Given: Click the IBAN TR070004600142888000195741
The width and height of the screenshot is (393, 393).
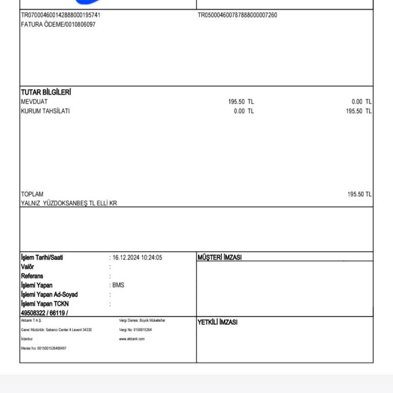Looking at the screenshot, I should [60, 15].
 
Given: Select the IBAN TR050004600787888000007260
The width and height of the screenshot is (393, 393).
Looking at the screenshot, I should [237, 15].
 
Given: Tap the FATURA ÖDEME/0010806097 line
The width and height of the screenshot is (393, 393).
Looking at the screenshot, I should [58, 25].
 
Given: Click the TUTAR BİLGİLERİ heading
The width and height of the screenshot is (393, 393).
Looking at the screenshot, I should [46, 92].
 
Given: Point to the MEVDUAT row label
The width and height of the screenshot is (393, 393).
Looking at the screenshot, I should [34, 102].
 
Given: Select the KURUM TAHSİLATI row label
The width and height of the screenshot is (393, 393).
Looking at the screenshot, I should [45, 111].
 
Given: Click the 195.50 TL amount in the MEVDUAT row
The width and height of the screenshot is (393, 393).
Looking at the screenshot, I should [241, 102].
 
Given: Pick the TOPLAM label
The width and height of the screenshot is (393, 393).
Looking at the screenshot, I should [32, 194].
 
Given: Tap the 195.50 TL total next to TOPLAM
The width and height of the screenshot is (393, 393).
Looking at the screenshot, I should [359, 194].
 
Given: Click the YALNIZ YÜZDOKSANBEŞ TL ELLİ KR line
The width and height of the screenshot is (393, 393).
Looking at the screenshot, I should [69, 204].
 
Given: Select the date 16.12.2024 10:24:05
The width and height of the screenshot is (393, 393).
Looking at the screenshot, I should [137, 258].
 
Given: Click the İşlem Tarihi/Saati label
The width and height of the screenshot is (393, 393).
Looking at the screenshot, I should [42, 258].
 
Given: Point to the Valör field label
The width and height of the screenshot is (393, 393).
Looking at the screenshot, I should [28, 267].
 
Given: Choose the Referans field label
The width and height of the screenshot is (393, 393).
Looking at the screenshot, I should [32, 276].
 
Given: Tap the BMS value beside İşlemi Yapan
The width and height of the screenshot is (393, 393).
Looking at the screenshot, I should [118, 286].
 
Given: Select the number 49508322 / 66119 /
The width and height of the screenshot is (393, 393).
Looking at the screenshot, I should [44, 313].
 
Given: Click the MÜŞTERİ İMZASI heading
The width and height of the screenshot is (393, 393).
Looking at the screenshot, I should [219, 258].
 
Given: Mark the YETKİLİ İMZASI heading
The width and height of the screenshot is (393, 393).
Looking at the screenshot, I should [217, 322].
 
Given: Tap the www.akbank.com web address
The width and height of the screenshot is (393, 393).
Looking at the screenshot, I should [132, 339].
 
